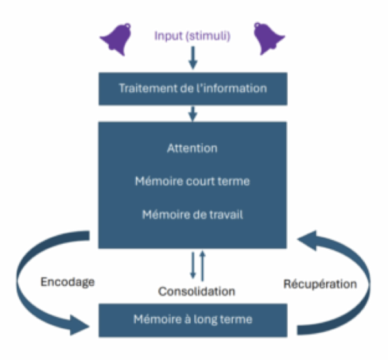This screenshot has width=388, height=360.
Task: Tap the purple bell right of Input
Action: coord(268,38)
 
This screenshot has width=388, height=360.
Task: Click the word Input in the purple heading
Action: coord(168,35)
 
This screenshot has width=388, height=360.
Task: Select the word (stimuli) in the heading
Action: coord(208,35)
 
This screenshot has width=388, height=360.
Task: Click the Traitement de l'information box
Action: coord(192,87)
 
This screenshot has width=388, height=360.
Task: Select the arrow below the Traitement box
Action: coord(192,113)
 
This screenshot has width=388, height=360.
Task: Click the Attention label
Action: coord(192,148)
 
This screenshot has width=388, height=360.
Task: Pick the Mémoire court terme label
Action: coord(192,182)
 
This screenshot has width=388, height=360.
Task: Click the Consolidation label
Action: coord(197,291)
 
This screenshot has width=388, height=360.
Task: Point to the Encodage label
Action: coord(67,282)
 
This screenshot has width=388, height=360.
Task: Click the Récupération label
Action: coord(320,284)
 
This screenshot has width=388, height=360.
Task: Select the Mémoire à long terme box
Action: coord(192,319)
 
